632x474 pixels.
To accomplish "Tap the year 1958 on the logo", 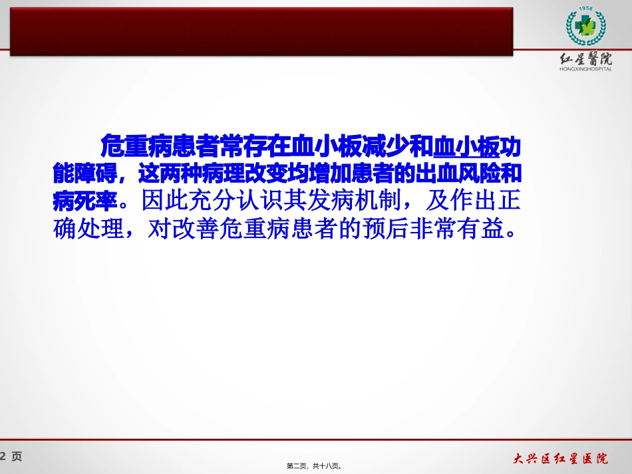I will [x=585, y=9].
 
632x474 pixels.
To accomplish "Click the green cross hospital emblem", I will [x=585, y=28].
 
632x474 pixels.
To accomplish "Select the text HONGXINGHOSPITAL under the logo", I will [x=586, y=68].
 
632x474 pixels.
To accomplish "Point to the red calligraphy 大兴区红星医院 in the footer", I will [x=560, y=458].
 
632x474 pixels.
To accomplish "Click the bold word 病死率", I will [x=84, y=199].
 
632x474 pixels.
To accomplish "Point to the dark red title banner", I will [x=259, y=30].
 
